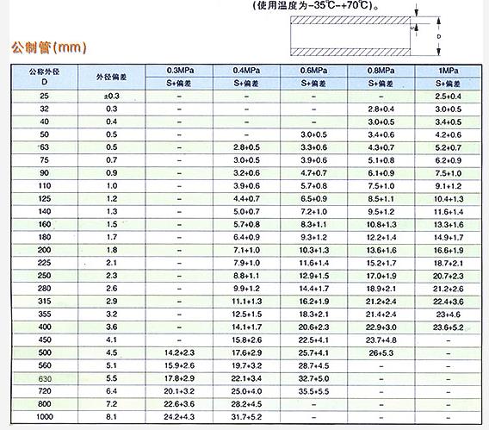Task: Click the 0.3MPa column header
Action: (x=179, y=69)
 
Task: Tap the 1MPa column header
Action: (x=450, y=69)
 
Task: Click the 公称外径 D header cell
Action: (x=45, y=76)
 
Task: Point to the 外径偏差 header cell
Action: (x=111, y=76)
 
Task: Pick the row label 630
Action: (x=45, y=377)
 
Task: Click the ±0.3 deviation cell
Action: (x=111, y=95)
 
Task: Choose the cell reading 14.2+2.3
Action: (x=179, y=353)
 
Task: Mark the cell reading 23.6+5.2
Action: (x=450, y=327)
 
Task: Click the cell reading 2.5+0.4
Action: (x=450, y=95)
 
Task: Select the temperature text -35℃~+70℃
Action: (x=336, y=4)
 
